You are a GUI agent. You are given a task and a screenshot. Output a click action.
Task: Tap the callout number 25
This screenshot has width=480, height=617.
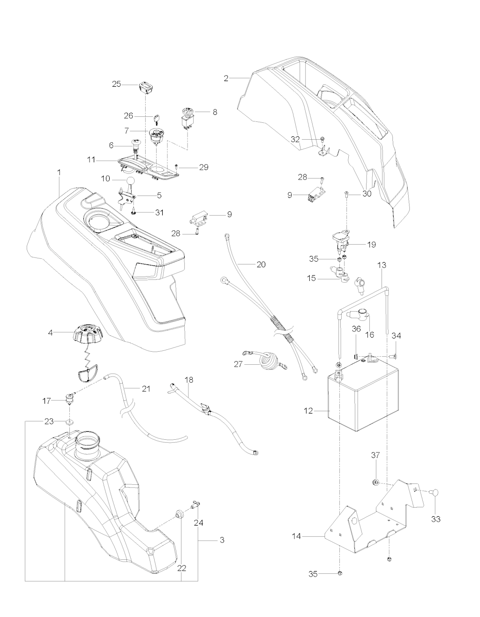click(116, 84)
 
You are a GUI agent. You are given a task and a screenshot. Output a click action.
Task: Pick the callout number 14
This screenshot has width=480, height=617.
click(297, 536)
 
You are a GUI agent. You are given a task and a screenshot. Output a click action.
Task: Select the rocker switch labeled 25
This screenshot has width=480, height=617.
click(145, 86)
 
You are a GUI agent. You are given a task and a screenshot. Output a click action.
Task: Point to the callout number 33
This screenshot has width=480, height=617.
click(436, 519)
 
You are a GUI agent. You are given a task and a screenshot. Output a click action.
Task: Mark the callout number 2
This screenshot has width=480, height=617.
click(226, 79)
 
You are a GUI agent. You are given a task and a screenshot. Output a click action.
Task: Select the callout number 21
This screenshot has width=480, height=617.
click(146, 389)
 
